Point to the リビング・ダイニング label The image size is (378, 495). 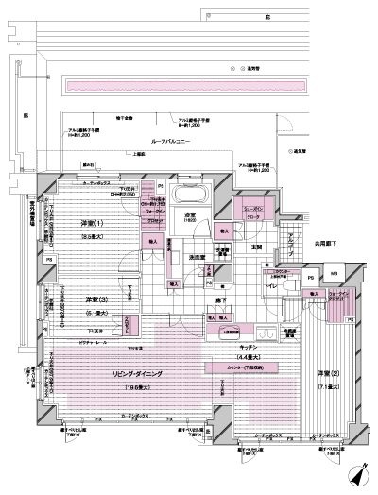[138, 375]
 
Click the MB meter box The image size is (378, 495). [333, 276]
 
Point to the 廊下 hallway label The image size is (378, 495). [219, 299]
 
